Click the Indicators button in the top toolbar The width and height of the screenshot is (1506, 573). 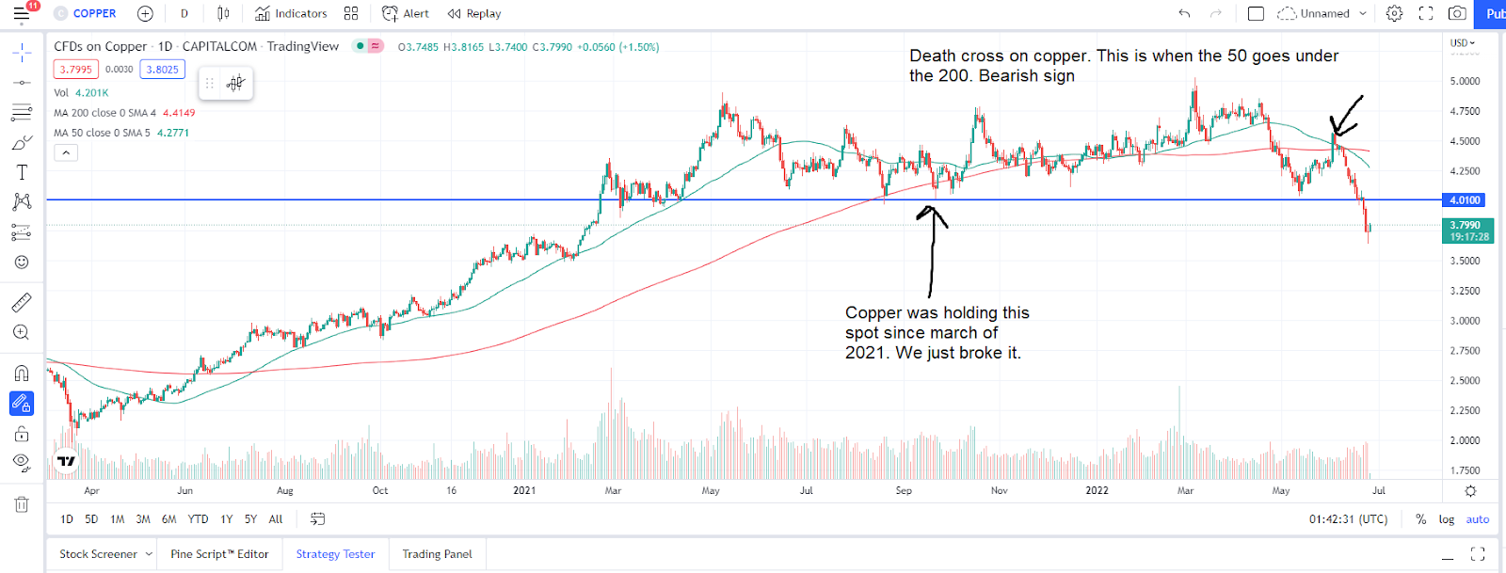[292, 13]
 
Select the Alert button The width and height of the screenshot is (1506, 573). [406, 13]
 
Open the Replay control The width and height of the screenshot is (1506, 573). [474, 13]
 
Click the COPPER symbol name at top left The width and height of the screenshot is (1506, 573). [94, 13]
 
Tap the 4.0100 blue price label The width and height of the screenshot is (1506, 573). [1465, 199]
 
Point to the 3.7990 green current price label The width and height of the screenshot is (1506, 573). [1466, 225]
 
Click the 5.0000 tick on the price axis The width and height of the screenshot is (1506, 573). [1465, 81]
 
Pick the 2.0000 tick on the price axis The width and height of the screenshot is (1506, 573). [1465, 440]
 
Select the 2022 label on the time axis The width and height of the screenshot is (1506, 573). [1097, 490]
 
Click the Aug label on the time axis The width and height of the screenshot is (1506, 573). [285, 490]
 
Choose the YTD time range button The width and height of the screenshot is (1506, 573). [198, 518]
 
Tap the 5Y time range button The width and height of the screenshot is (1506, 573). [250, 518]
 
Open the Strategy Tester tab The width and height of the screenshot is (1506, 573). [335, 554]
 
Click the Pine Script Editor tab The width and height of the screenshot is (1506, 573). [219, 554]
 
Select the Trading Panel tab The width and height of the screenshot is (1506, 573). [437, 554]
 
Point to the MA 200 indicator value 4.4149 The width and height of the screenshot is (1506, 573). [179, 113]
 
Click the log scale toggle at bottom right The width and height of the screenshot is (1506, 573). [1447, 519]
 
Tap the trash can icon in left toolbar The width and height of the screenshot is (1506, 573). [22, 504]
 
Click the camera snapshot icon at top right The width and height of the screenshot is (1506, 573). [1457, 13]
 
